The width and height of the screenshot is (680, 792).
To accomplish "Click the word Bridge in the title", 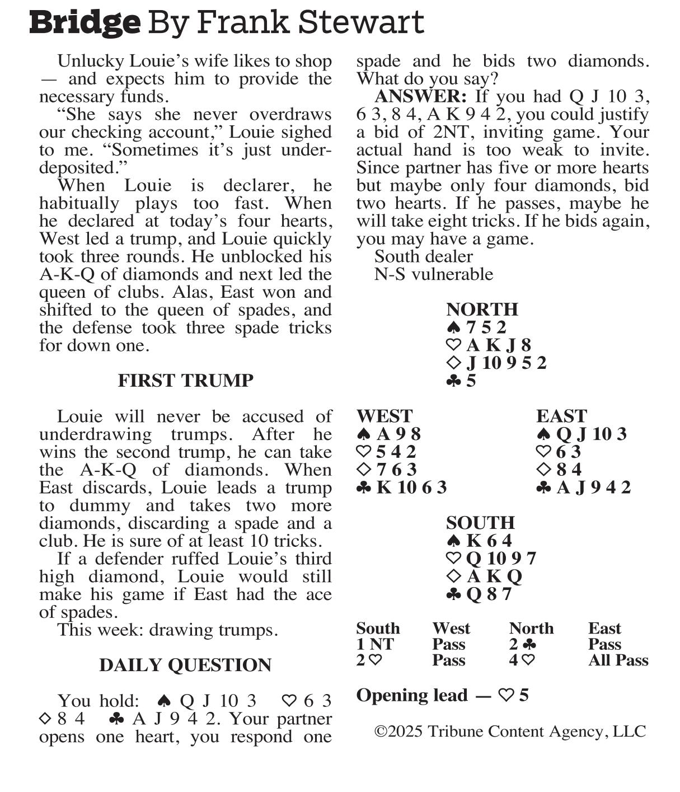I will tap(85, 22).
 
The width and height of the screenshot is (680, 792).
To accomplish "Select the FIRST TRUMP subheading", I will tap(185, 381).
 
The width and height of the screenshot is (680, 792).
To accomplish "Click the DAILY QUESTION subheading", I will tap(185, 665).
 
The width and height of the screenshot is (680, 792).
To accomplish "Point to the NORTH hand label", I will tap(482, 310).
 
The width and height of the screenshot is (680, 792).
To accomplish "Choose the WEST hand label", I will tap(384, 416).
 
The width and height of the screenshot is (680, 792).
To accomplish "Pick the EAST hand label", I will tap(561, 416).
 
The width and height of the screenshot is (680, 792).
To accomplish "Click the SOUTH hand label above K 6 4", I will tap(480, 523).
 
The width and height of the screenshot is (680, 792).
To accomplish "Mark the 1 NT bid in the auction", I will tap(375, 644).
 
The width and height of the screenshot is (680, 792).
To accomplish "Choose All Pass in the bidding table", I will tap(618, 660).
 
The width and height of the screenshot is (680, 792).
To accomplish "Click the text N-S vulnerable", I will tap(434, 274).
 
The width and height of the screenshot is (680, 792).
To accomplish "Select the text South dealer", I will tap(424, 256).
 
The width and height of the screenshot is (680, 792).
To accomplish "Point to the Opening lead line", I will tap(442, 695).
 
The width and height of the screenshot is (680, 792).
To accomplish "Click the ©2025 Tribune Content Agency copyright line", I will tap(510, 732).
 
